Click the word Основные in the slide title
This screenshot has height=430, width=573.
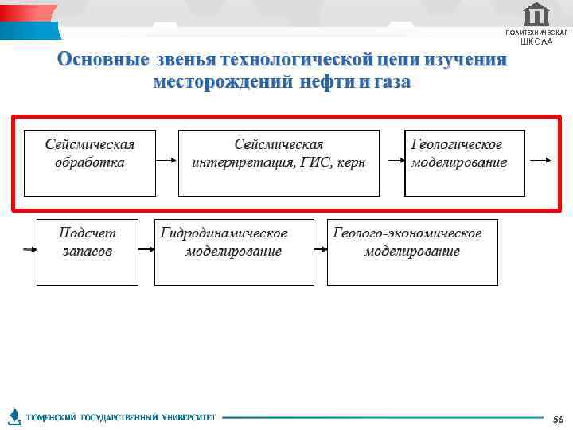tap(103, 61)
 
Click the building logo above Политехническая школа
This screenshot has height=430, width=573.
tap(537, 14)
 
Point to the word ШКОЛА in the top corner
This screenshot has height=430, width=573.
tap(536, 41)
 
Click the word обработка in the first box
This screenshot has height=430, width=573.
tap(89, 162)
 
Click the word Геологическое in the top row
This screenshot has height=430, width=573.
tap(457, 144)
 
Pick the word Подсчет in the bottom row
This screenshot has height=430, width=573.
tap(87, 233)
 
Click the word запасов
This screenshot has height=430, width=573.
tap(87, 251)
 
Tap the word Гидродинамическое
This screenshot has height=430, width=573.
tap(224, 233)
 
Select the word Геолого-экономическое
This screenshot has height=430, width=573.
tap(407, 233)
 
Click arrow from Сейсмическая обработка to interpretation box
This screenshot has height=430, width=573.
tap(166, 161)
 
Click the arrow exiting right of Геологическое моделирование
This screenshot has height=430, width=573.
tap(540, 161)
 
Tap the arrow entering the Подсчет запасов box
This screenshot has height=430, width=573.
tap(29, 249)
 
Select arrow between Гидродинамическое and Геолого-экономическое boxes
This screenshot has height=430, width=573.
tap(321, 249)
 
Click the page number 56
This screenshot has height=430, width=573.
tap(557, 419)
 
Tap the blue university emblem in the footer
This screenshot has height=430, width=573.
tap(14, 416)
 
